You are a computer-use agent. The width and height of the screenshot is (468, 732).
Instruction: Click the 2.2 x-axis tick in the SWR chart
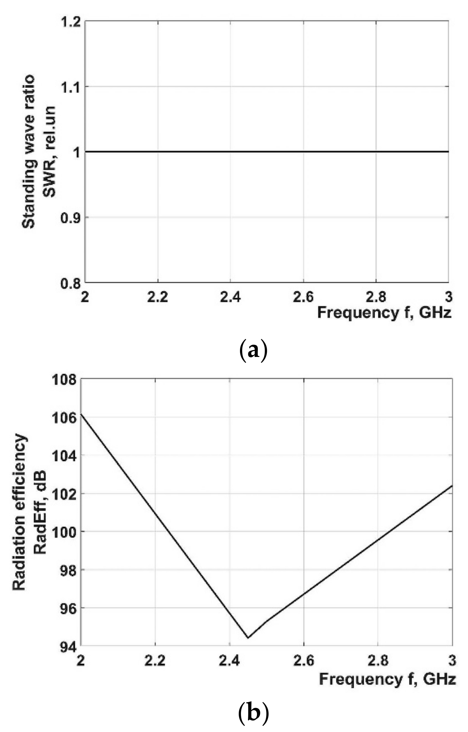[x=158, y=297]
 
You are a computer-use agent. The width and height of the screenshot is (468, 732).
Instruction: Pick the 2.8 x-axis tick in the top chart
[x=376, y=297]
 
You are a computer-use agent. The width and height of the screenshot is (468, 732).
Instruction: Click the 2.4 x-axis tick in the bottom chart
[x=229, y=660]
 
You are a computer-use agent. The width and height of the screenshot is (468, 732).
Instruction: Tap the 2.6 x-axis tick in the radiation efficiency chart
[x=304, y=660]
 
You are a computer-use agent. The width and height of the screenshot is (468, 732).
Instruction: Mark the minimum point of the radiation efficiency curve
[x=248, y=638]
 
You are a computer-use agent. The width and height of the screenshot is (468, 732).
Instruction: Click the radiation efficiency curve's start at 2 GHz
[x=81, y=414]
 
